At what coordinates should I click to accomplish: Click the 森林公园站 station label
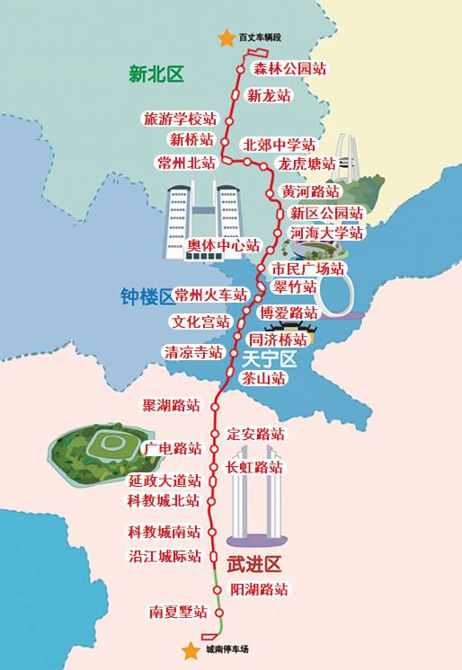(289, 69)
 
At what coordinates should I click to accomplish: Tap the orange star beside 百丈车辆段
(226, 38)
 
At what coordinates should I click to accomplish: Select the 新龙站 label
(270, 95)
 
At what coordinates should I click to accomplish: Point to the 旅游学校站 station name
(180, 119)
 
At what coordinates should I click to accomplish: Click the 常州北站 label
(186, 163)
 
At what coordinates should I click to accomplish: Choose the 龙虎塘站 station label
(307, 164)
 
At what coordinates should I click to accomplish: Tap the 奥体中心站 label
(223, 245)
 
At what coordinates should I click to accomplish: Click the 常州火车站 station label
(211, 295)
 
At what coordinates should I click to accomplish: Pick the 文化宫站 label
(201, 322)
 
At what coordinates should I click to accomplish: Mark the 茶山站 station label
(264, 379)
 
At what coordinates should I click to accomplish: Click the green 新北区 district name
(156, 75)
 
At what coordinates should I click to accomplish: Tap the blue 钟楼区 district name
(147, 296)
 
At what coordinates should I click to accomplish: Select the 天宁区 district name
(269, 358)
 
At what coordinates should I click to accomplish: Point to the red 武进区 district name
(254, 564)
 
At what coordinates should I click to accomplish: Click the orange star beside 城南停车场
(191, 650)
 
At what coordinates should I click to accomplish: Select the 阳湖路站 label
(259, 590)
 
